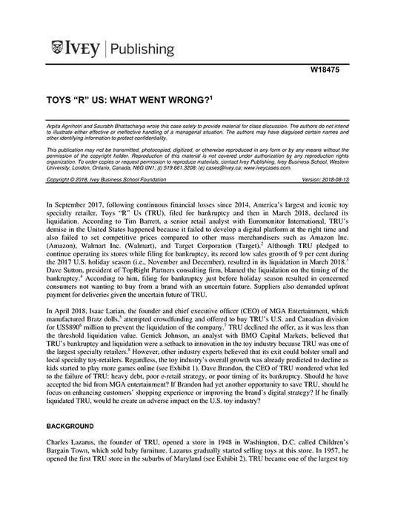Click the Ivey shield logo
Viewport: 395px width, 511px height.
tap(58, 49)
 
